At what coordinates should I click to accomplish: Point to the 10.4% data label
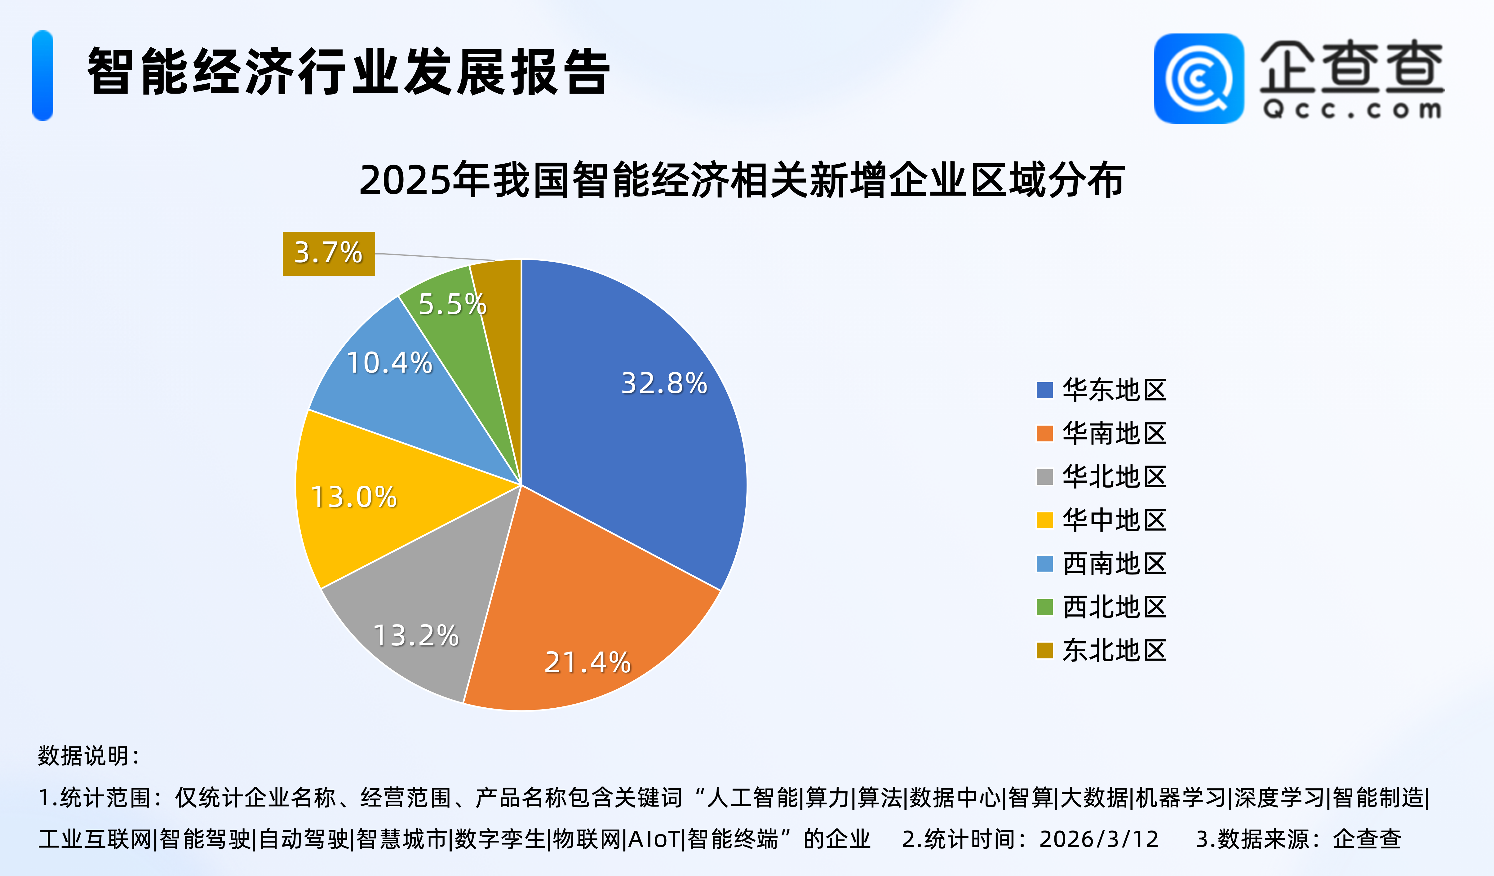point(389,363)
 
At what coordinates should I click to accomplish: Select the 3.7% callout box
point(328,253)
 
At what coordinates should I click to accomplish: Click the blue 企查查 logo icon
point(1198,79)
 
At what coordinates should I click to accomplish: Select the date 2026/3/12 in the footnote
point(1098,839)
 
